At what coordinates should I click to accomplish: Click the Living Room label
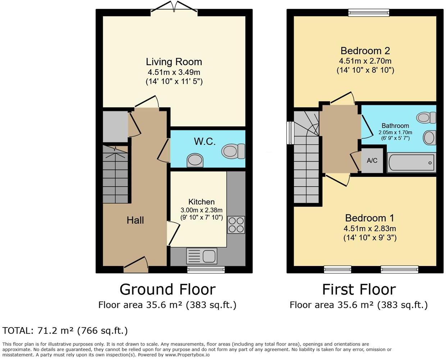pos(174,62)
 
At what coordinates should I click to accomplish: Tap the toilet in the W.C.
pos(233,151)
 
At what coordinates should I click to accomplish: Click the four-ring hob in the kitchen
pos(236,225)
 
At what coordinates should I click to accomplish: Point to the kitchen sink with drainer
pos(201,256)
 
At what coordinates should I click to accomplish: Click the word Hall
pos(135,220)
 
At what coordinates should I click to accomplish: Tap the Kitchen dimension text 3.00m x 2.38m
pos(201,210)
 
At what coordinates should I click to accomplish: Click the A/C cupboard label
pos(372,161)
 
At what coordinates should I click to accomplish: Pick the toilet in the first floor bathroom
pos(426,118)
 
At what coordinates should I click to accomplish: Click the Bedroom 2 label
pos(365,51)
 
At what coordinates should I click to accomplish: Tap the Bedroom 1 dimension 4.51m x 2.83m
pos(370,229)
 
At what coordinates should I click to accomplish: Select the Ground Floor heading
pos(167,289)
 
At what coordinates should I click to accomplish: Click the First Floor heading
pos(359,289)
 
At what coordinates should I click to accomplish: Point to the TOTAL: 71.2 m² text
pos(65,330)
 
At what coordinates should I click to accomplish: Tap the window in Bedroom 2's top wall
pos(369,13)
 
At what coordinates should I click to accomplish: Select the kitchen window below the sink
pos(206,269)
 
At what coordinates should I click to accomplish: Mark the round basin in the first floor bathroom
pos(429,138)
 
